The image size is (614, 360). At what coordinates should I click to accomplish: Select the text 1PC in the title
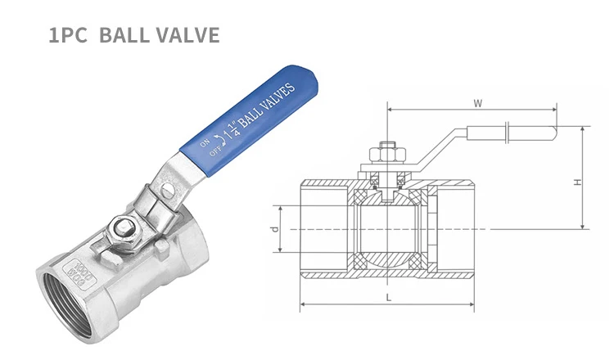(66, 35)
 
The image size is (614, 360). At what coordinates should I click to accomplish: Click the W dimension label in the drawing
(476, 103)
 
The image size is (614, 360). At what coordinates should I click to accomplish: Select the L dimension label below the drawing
(389, 298)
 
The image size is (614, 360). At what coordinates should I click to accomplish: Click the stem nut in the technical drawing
(390, 153)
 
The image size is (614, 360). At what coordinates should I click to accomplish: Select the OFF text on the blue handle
(215, 151)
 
